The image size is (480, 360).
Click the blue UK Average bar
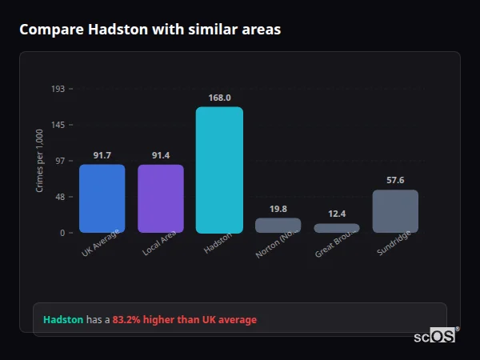click(102, 198)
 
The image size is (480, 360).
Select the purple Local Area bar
click(161, 198)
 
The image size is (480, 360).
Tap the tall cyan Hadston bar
click(219, 170)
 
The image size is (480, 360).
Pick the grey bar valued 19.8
click(278, 225)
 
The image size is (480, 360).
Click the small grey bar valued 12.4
click(337, 228)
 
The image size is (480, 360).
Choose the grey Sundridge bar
click(395, 211)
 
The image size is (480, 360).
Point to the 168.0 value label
click(219, 98)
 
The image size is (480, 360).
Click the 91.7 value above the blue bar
click(102, 155)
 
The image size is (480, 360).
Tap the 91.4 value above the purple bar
click(161, 155)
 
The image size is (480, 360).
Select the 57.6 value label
click(395, 180)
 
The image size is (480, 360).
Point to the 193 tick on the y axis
click(58, 89)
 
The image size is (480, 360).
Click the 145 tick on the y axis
click(58, 125)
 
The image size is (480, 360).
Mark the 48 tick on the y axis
click(59, 197)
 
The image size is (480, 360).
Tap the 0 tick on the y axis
click(62, 233)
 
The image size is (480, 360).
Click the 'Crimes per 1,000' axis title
click(39, 161)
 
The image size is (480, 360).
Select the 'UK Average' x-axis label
click(101, 243)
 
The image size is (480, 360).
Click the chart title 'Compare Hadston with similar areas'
click(150, 30)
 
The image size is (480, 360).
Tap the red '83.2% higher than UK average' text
click(184, 320)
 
